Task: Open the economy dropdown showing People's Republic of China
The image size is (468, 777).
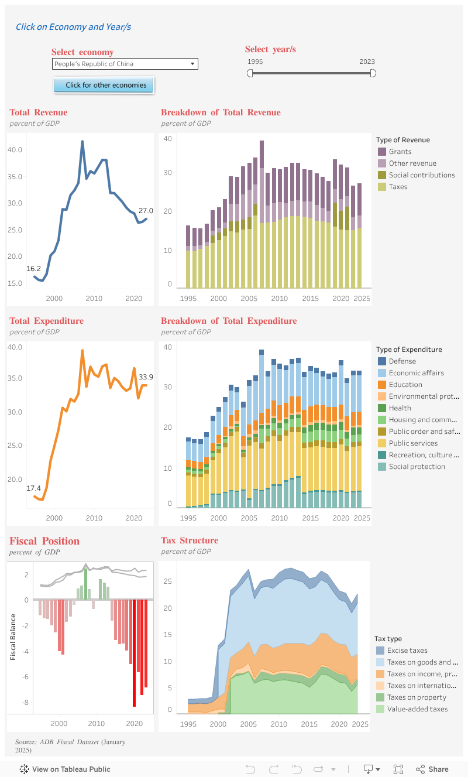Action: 125,64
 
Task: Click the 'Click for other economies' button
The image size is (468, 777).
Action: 104,85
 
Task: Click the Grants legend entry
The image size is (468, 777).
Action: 400,152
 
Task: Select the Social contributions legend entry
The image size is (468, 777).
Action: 421,175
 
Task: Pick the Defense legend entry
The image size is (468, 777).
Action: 402,361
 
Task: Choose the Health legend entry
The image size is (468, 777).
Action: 400,408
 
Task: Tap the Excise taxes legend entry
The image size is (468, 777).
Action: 407,651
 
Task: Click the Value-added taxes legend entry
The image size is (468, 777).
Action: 417,709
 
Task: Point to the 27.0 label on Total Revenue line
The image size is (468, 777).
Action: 146,211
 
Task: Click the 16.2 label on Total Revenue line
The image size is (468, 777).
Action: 33,269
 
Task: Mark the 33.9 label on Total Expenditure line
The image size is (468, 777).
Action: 146,377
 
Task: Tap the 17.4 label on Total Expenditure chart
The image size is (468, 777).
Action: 33,488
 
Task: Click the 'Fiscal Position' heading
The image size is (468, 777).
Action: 44,541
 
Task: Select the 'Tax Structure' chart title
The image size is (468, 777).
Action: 190,540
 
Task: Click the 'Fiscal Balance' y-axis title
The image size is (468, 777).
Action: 13,636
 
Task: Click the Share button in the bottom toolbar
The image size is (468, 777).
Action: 432,769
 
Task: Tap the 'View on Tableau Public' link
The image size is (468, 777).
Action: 65,769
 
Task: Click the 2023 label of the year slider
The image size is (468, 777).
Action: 367,61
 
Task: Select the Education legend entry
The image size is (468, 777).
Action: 405,385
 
